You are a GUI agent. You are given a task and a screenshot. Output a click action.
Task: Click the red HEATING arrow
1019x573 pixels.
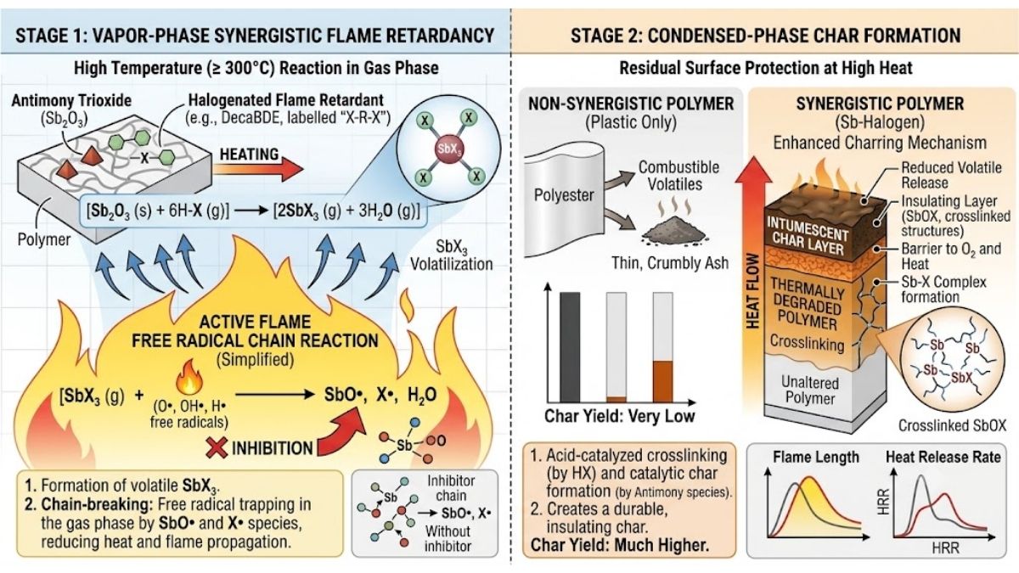click(258, 171)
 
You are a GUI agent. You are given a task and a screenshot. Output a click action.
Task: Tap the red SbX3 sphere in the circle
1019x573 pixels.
click(448, 149)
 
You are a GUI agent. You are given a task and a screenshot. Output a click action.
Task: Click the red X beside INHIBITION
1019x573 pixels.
click(217, 447)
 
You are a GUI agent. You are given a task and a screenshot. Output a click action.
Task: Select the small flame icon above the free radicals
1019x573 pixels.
click(189, 377)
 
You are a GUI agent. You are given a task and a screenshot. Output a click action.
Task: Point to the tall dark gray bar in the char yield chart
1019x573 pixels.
click(570, 347)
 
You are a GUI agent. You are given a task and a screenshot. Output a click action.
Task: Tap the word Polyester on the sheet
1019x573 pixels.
click(564, 195)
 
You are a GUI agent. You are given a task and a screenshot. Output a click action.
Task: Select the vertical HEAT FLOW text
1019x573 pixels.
click(753, 290)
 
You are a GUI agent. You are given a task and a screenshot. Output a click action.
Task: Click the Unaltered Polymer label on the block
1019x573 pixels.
click(810, 390)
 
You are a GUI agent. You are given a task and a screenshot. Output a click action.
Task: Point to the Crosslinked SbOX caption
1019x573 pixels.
click(952, 425)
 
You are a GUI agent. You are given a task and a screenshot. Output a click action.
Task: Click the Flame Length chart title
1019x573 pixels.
click(816, 457)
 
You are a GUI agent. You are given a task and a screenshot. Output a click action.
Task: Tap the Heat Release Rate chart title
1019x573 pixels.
click(943, 457)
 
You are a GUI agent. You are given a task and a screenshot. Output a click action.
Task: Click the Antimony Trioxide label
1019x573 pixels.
click(71, 100)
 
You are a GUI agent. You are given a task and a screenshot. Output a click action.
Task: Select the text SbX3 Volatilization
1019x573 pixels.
click(451, 256)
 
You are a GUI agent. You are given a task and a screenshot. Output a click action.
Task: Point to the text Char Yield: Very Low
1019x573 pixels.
click(620, 416)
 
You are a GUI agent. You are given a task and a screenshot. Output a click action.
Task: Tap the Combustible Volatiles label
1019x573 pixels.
click(678, 176)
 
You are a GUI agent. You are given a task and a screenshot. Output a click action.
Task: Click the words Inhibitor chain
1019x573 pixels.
click(451, 488)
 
